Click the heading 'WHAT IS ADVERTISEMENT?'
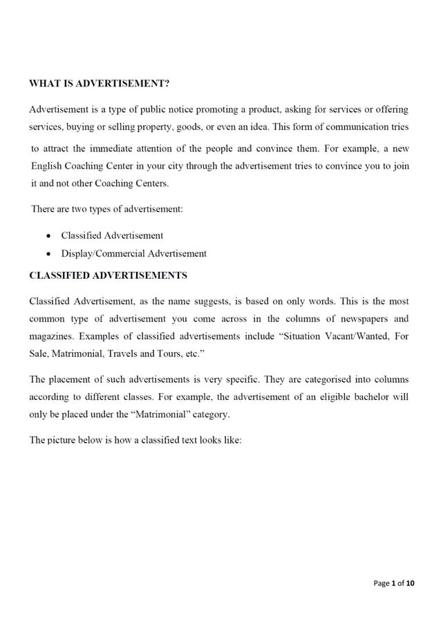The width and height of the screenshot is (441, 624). [x=99, y=84]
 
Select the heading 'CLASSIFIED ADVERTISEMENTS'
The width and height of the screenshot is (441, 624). [x=108, y=275]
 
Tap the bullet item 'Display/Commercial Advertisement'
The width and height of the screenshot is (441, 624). [x=133, y=254]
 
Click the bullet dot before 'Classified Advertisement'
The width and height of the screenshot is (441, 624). [x=48, y=236]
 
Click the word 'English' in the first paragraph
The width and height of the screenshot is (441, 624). [x=47, y=167]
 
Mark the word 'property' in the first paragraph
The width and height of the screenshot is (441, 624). [x=153, y=127]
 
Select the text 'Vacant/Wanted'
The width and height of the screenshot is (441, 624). [x=359, y=337]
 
